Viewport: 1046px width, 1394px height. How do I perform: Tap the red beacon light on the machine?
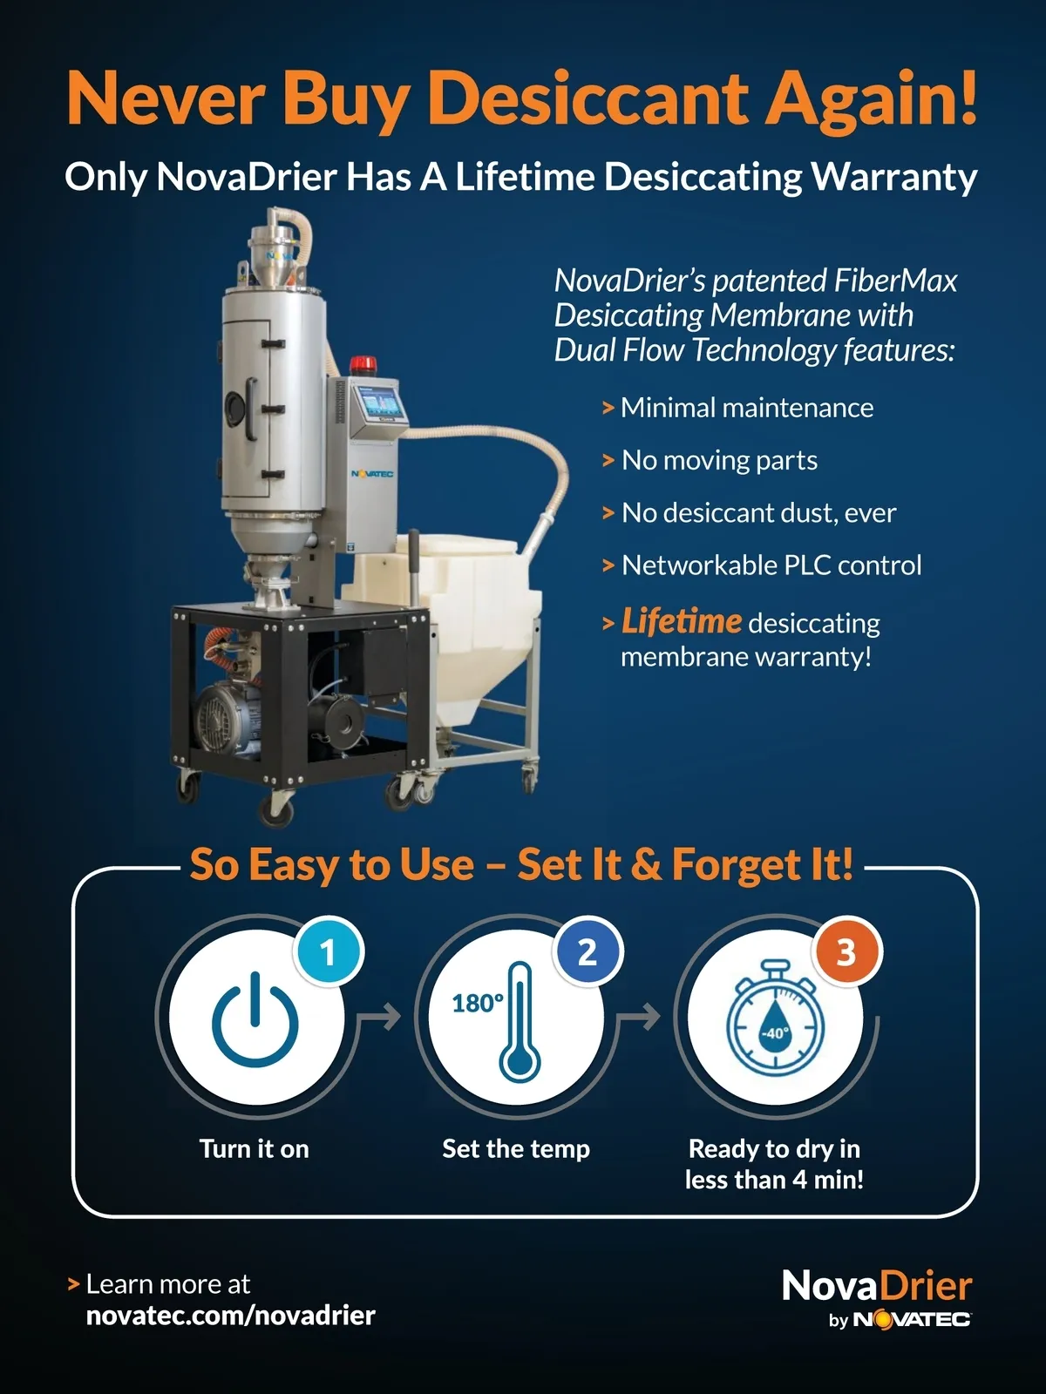tap(361, 364)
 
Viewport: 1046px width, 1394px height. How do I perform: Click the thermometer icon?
tap(520, 1022)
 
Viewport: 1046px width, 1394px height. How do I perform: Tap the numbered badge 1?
tap(329, 952)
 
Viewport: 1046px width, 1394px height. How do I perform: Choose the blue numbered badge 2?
tap(588, 952)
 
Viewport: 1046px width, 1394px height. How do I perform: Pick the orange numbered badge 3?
tap(846, 952)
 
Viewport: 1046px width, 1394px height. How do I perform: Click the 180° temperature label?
tap(479, 1003)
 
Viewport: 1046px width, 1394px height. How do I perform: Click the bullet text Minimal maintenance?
tap(747, 408)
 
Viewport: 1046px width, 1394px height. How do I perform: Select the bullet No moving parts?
tap(719, 460)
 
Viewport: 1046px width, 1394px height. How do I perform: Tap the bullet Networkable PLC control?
tap(771, 565)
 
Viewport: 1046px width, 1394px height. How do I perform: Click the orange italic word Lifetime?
tap(681, 620)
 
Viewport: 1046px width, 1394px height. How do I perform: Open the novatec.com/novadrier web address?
tap(230, 1315)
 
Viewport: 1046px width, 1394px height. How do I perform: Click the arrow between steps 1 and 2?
tap(379, 1018)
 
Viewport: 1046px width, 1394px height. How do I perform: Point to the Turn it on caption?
tap(254, 1149)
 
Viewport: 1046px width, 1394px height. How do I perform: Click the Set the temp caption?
tap(516, 1149)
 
